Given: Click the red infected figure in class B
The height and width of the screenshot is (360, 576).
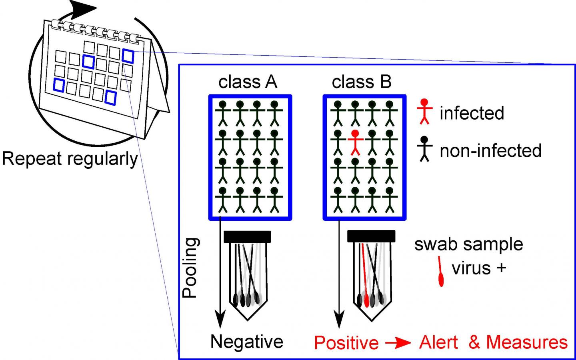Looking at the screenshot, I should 355,142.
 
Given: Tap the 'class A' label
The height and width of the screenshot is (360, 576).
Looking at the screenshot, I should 248,82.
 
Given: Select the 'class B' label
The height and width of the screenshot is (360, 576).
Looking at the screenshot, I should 362,82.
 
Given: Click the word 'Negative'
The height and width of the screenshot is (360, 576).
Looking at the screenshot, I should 247,342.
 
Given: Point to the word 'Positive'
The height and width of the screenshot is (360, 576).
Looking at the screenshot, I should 346,343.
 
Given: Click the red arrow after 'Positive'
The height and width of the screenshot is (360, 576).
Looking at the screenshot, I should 398,343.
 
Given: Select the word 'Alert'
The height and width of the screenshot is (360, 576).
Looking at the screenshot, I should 438,342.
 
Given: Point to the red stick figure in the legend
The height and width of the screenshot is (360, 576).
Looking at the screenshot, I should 424,112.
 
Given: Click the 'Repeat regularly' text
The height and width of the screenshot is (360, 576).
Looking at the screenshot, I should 70,159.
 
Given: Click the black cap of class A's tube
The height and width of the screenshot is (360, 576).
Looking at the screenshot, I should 247,236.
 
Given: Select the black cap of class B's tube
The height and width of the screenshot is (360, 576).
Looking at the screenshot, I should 371,236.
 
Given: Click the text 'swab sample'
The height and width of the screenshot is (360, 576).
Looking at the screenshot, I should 468,244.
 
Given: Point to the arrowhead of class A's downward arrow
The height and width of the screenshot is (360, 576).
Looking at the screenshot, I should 220,320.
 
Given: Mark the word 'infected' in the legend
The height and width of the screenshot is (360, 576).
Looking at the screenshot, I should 472,113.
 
